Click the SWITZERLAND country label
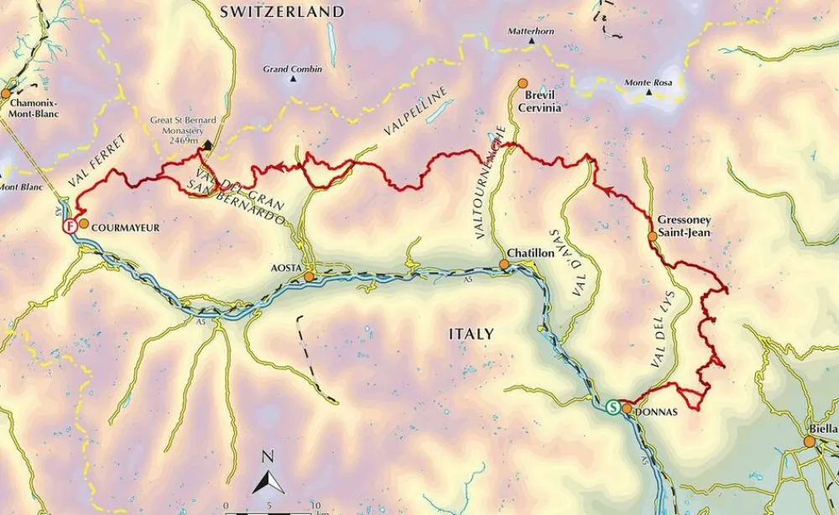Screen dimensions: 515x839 [x=282, y=12]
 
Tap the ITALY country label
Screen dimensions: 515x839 [x=471, y=334]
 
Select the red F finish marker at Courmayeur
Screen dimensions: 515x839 [x=70, y=226]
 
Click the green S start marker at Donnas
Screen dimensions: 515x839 [x=613, y=407]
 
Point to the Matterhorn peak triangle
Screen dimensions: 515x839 [x=531, y=40]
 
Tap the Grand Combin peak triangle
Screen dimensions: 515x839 [x=293, y=79]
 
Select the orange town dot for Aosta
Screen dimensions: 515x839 [x=309, y=276]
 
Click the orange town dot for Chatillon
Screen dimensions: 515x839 [x=504, y=265]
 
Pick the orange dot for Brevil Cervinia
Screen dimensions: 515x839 [x=522, y=83]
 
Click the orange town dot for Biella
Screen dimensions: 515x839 [x=809, y=441]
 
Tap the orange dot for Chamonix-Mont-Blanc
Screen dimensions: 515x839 [x=7, y=93]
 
